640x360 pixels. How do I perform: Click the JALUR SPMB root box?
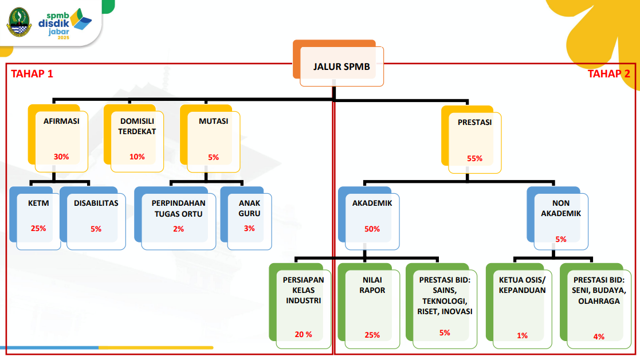click(x=341, y=67)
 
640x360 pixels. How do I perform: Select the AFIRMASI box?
click(x=61, y=139)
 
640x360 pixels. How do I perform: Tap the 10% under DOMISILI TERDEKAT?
click(x=138, y=156)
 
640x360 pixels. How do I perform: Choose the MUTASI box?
click(x=213, y=139)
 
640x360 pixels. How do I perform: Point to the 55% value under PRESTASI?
click(x=475, y=159)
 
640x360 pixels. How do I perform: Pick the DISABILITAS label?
click(x=96, y=203)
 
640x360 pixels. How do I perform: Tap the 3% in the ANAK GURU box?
click(x=249, y=229)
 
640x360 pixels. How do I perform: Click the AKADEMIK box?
click(x=372, y=220)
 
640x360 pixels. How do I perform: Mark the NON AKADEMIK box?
click(x=561, y=220)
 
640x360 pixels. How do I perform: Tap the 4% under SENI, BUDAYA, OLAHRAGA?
click(x=599, y=336)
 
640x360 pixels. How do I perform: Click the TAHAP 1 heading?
click(x=32, y=73)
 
